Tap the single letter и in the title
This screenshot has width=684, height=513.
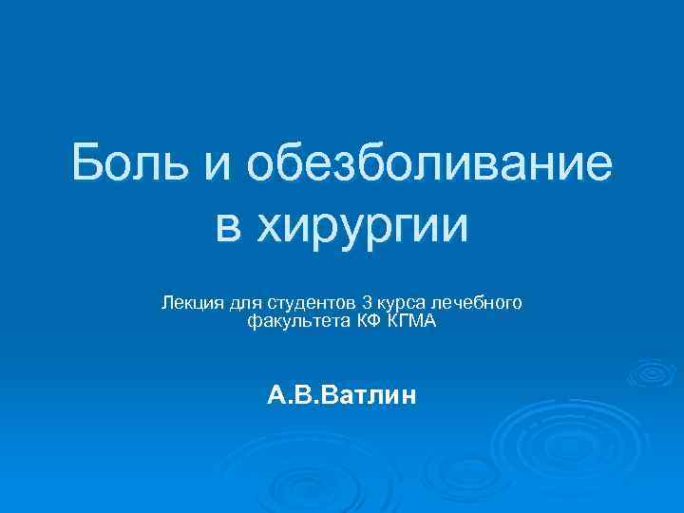216,167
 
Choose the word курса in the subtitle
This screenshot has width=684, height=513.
401,304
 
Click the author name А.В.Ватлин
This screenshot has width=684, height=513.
341,393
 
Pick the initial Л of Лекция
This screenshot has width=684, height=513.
168,303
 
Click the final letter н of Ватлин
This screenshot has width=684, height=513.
408,393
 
